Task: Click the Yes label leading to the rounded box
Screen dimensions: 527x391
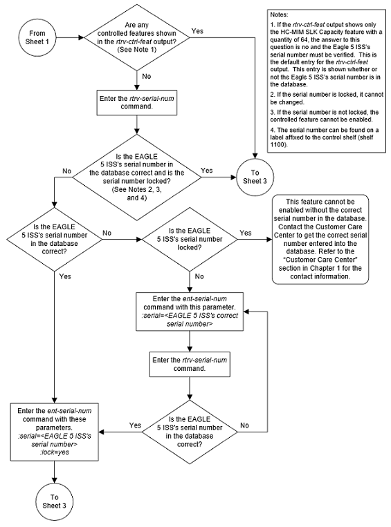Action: (x=244, y=233)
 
